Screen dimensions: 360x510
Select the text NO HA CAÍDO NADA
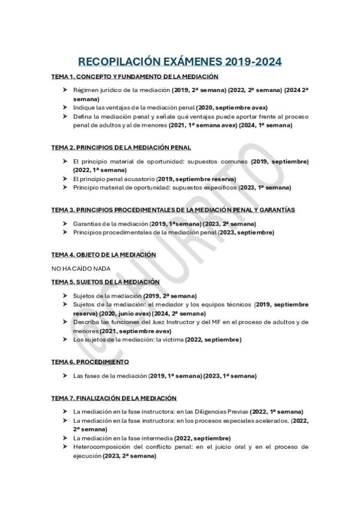click(x=81, y=268)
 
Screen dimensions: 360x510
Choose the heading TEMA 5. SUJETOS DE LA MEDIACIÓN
click(x=105, y=281)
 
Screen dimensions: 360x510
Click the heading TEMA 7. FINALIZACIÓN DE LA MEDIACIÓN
click(x=114, y=398)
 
